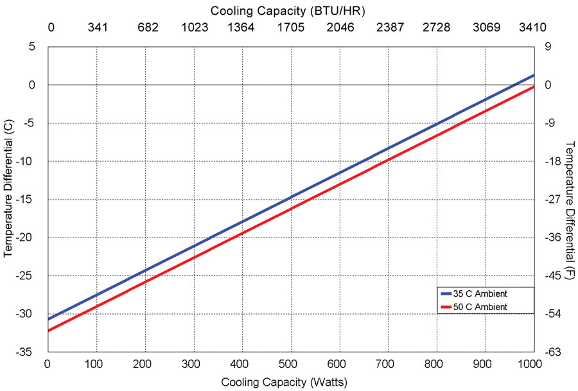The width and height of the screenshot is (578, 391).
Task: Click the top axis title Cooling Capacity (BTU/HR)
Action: coord(288,10)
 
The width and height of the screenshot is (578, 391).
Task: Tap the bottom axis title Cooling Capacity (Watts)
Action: coord(285,382)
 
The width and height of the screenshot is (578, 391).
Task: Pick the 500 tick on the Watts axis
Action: coord(290,364)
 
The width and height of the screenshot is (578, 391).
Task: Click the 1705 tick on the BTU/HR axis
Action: coord(290,27)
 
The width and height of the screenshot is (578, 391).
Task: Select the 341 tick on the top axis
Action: coord(97,27)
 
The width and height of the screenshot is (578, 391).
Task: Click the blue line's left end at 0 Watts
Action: coord(48,318)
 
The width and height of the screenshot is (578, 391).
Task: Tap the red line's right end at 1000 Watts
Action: coord(533,87)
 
